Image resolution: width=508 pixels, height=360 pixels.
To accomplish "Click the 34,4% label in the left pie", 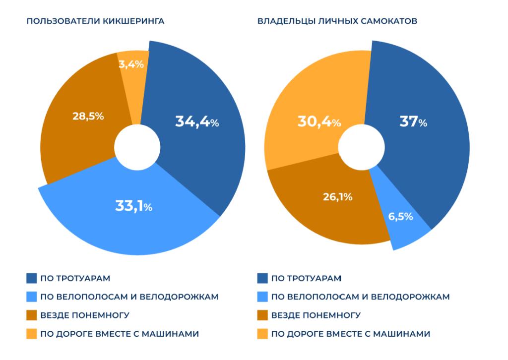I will tap(197, 121).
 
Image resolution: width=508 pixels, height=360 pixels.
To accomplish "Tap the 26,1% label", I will tap(339, 197).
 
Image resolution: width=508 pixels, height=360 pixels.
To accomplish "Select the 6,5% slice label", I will tap(400, 217).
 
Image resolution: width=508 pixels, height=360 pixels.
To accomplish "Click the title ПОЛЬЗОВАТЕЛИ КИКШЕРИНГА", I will tap(95, 21).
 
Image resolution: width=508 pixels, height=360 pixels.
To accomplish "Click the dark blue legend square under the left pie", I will tap(32, 278).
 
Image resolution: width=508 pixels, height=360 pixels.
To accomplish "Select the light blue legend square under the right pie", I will tap(263, 297).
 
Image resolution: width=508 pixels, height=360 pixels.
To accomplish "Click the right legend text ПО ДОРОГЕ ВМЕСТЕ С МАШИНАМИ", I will tap(351, 334).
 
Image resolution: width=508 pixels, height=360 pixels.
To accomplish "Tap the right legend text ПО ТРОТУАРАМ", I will tap(307, 278).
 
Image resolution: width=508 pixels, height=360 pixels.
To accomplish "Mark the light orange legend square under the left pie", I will tap(32, 334).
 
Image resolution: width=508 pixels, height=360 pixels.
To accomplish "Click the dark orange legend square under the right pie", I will tap(263, 315).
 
